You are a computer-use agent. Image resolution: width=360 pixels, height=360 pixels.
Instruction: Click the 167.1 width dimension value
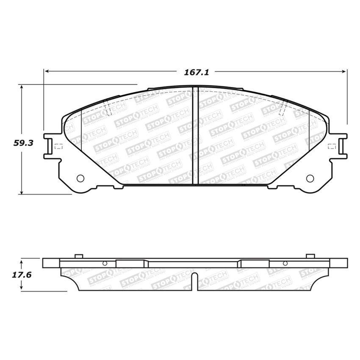click(197, 72)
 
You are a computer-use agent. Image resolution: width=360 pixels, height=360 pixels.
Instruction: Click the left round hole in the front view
click(80, 178)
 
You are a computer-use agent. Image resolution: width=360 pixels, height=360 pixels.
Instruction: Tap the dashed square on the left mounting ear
click(58, 147)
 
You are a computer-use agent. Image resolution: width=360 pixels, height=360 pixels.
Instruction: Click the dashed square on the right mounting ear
click(332, 147)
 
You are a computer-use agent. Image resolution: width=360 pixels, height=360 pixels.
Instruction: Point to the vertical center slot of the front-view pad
click(195, 136)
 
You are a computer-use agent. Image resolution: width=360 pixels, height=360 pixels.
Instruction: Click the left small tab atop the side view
click(78, 256)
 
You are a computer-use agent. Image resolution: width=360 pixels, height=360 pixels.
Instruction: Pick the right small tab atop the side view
click(310, 256)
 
